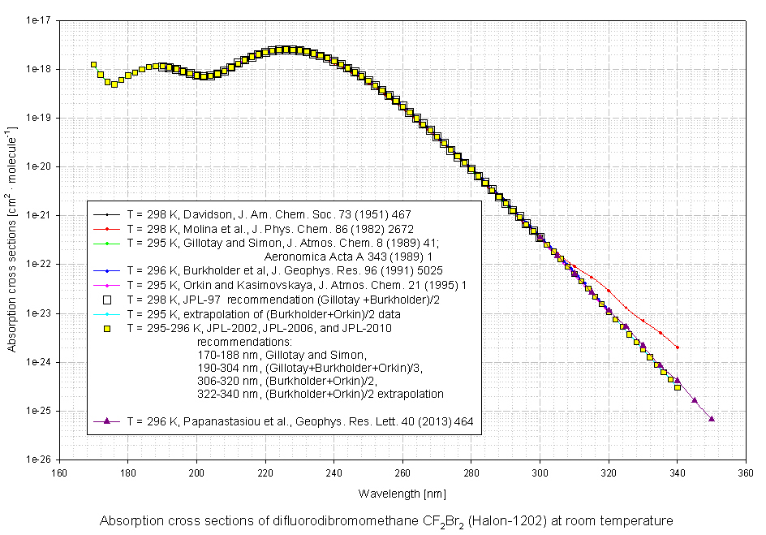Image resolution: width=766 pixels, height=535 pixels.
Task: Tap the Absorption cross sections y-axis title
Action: [11, 239]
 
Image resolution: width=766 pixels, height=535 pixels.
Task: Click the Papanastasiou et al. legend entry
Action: [300, 421]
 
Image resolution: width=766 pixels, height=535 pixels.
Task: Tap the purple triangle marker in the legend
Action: [107, 421]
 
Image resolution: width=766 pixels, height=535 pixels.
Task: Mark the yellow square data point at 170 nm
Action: [93, 64]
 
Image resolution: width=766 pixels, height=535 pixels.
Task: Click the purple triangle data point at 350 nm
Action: [712, 419]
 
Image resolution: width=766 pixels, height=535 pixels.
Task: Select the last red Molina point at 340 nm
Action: [678, 347]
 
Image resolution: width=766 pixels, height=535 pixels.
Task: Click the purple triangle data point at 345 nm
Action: [695, 399]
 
